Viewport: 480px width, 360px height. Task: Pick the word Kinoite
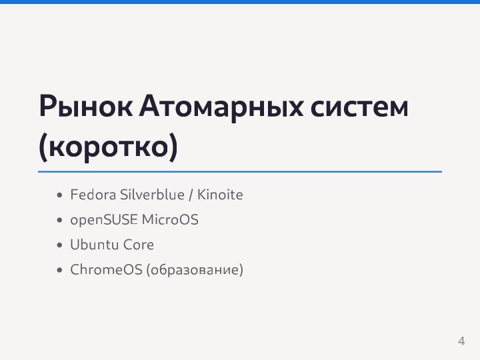coord(220,195)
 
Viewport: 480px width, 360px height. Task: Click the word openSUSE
coord(103,219)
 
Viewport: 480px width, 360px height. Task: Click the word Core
coord(138,245)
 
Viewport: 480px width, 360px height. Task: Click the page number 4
coord(461,341)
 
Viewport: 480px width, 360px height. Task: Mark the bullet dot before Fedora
coord(60,196)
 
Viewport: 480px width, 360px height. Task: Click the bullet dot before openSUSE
coord(60,221)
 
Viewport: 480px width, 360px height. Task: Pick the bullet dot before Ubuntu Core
coord(60,245)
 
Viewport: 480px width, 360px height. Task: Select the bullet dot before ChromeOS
coord(60,271)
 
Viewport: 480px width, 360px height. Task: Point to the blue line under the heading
coord(240,171)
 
